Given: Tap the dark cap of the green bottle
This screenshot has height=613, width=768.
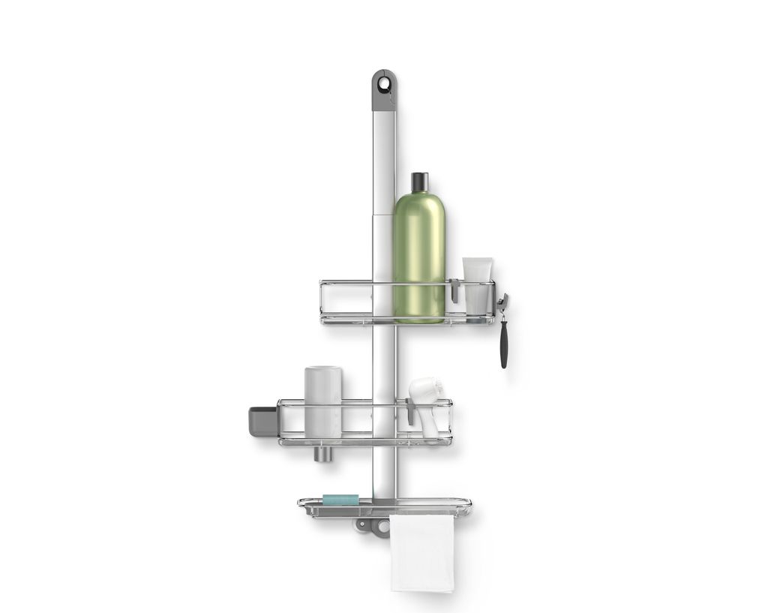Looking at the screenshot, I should [x=419, y=182].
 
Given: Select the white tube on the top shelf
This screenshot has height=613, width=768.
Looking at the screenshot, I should [x=478, y=285].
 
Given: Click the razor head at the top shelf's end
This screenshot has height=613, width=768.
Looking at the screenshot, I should [x=501, y=302].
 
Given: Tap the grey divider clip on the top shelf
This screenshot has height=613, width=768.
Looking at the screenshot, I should [x=454, y=290].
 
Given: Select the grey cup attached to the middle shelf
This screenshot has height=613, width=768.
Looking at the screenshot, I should [x=262, y=421].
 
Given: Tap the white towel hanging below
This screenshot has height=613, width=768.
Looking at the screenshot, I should [x=421, y=553].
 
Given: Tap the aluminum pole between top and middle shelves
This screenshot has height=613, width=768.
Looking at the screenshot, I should [x=383, y=360].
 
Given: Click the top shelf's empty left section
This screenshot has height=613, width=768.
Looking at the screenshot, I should [x=346, y=302].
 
